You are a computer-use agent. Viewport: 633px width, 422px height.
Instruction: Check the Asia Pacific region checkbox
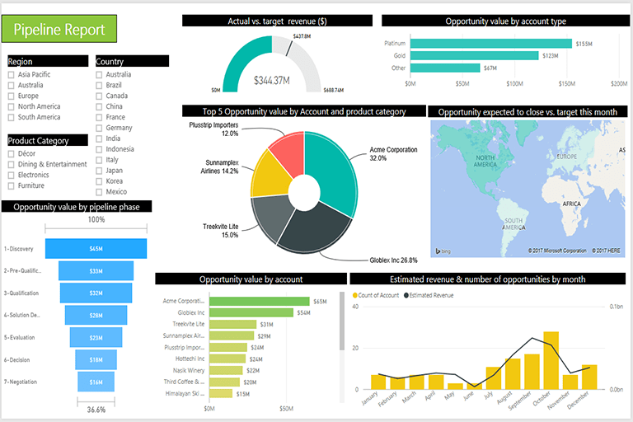coord(12,74)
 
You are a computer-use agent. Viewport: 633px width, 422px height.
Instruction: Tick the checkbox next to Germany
coord(99,128)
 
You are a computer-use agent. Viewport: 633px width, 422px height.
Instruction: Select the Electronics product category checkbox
coord(12,175)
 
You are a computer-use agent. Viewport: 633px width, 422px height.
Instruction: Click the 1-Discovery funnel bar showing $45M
coord(96,248)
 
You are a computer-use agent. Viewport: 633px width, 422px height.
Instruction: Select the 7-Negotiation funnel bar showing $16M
coord(96,382)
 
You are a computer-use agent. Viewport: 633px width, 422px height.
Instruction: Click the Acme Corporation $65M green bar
coord(259,302)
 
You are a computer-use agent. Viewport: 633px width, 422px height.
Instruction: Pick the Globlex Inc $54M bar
coord(251,312)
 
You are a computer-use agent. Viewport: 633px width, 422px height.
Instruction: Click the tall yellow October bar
coord(551,360)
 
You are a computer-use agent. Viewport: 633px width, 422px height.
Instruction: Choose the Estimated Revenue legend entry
coord(431,294)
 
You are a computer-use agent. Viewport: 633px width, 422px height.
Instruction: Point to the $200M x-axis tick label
coord(619,83)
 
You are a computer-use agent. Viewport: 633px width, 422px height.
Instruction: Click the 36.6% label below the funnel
coord(96,410)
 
